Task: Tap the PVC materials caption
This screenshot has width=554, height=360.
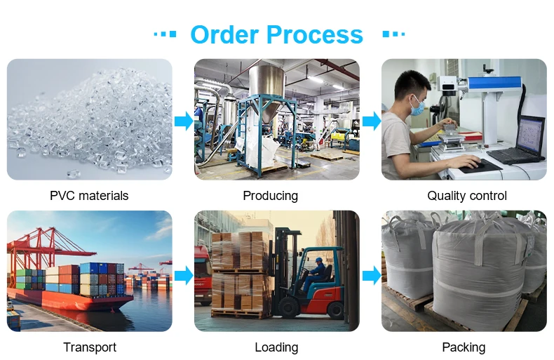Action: [89, 196]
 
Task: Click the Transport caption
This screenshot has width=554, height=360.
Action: [90, 347]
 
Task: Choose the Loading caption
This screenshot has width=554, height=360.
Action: [276, 347]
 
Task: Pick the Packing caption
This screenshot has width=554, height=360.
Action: [464, 347]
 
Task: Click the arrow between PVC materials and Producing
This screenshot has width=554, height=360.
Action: [183, 121]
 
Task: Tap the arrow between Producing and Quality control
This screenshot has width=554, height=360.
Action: [371, 121]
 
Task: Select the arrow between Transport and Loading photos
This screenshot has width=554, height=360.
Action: [183, 274]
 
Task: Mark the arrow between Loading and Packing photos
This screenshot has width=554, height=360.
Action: [371, 274]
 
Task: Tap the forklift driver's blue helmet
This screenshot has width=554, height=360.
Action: [320, 260]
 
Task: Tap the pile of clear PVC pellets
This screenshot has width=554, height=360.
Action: [91, 126]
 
